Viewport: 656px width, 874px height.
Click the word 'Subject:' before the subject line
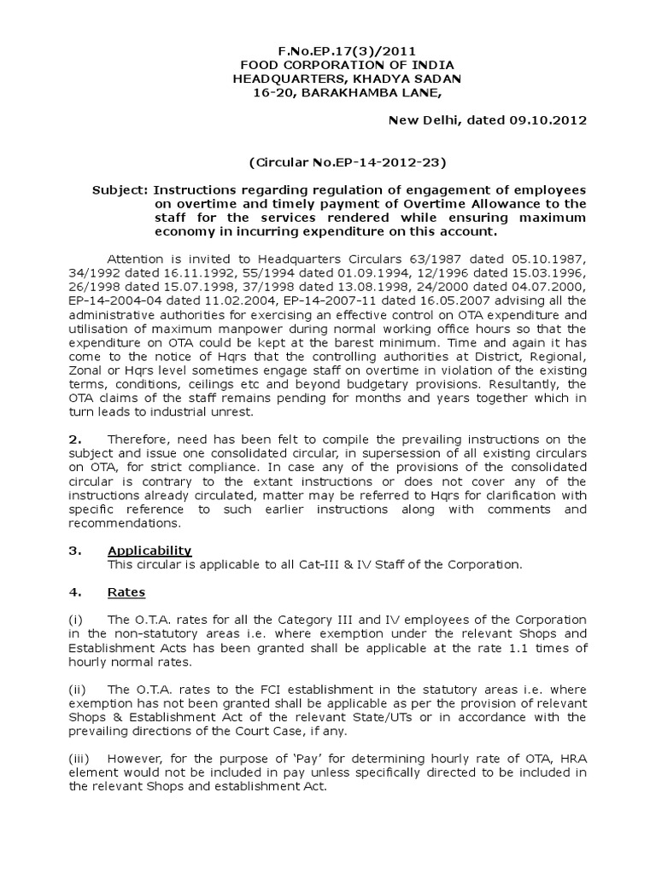[120, 189]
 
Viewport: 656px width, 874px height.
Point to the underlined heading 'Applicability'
[149, 551]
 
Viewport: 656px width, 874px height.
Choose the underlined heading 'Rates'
[126, 591]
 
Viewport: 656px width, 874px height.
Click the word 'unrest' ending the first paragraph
[230, 413]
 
